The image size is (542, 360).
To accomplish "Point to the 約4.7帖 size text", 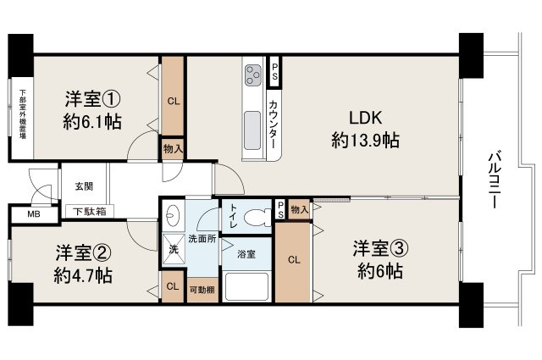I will pos(84,275).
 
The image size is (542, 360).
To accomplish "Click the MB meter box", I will pos(34,214).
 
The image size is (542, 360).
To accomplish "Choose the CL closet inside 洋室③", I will pos(291,260).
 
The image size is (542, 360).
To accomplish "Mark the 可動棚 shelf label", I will pos(202,289).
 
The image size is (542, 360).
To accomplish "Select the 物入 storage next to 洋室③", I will pos(298,209).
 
